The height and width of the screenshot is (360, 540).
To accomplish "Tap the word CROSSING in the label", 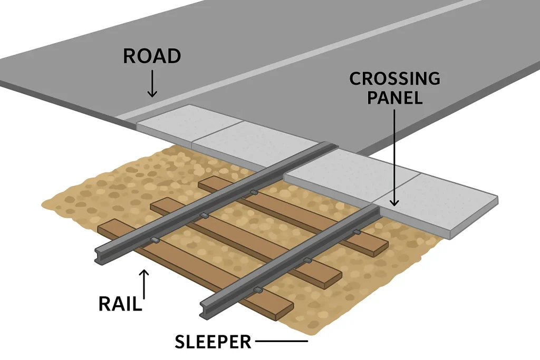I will [394, 79].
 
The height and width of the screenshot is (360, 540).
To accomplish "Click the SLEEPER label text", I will [213, 342].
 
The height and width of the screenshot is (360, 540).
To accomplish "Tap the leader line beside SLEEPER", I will [282, 342].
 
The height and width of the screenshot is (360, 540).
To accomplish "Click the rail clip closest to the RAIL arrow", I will [156, 241].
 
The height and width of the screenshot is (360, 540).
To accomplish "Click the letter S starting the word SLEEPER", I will [180, 342].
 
